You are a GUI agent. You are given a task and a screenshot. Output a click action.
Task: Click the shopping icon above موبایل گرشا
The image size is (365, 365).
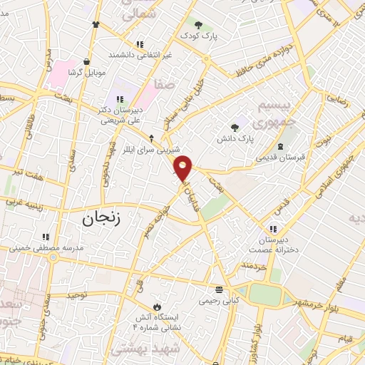tap(86, 62)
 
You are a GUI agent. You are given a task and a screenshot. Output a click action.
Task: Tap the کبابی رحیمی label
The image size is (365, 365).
tap(219, 300)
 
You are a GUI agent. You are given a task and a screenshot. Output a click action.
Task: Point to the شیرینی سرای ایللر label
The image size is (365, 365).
tap(151, 149)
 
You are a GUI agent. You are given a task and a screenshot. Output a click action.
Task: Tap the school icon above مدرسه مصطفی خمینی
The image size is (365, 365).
tap(46, 237)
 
